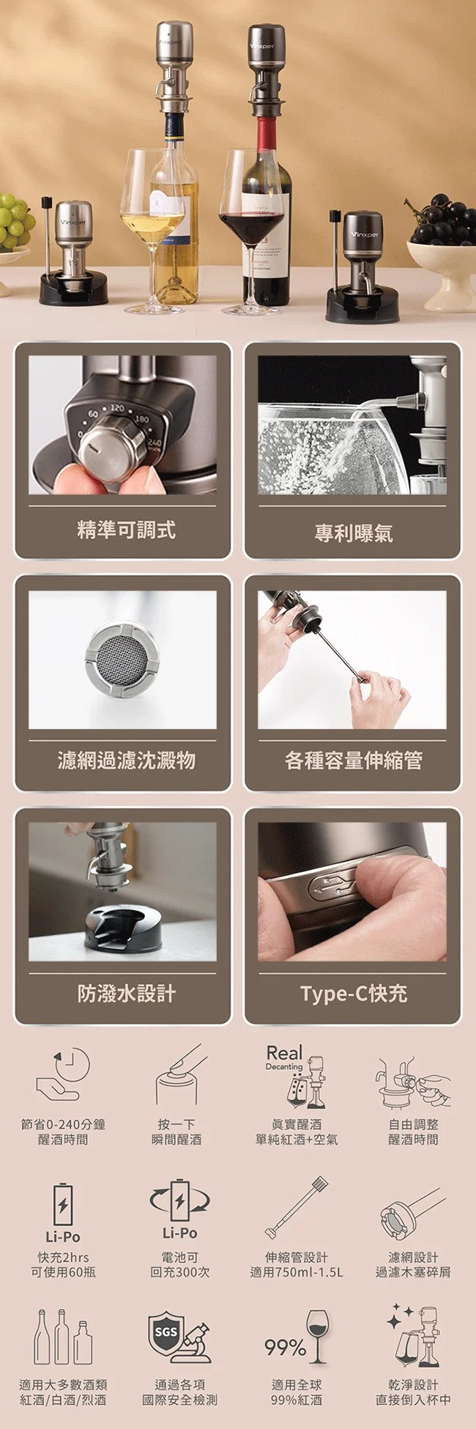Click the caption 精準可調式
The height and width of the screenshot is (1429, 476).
pyautogui.click(x=126, y=529)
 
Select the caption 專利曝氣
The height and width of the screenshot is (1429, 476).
pyautogui.click(x=354, y=533)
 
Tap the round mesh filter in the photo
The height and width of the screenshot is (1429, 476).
pyautogui.click(x=122, y=659)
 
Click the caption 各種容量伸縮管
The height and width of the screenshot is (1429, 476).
pyautogui.click(x=354, y=760)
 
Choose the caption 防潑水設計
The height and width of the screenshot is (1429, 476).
pyautogui.click(x=126, y=993)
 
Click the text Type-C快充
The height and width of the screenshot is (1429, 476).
pyautogui.click(x=354, y=993)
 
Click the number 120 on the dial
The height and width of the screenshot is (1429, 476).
pyautogui.click(x=117, y=408)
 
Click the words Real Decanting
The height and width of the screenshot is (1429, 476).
pyautogui.click(x=284, y=1057)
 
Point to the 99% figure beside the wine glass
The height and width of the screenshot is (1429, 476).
pyautogui.click(x=285, y=1346)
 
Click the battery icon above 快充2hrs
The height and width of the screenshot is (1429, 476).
pyautogui.click(x=63, y=1203)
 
